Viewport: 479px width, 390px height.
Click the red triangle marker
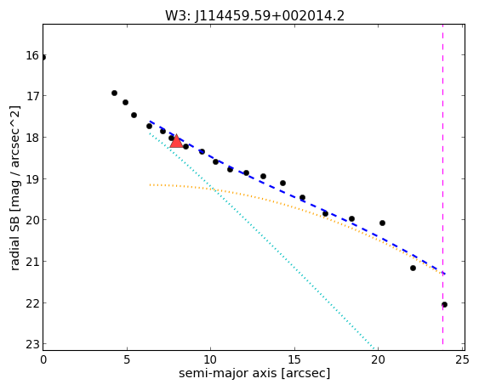pos(176,141)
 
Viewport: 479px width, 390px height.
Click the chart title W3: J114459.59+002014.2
pos(254,16)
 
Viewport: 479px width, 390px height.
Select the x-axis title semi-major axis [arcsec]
pos(254,373)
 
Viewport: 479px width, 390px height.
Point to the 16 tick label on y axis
pos(32,56)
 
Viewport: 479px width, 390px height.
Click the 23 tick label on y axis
pos(32,344)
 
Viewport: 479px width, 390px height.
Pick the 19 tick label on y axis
pos(32,178)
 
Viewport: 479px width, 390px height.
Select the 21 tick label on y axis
pos(32,262)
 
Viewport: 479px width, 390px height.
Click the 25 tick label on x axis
pos(462,360)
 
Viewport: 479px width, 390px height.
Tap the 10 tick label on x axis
pos(210,360)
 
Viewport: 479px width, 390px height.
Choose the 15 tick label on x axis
pos(294,360)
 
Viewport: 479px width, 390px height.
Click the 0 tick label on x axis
pos(43,360)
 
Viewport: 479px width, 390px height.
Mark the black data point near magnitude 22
pos(444,304)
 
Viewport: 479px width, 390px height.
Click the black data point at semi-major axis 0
pos(43,58)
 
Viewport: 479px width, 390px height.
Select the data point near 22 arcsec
pos(413,268)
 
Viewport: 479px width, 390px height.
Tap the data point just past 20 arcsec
pos(382,223)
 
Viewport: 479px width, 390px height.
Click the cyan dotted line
pos(262,240)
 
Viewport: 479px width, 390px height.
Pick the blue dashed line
pos(297,197)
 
